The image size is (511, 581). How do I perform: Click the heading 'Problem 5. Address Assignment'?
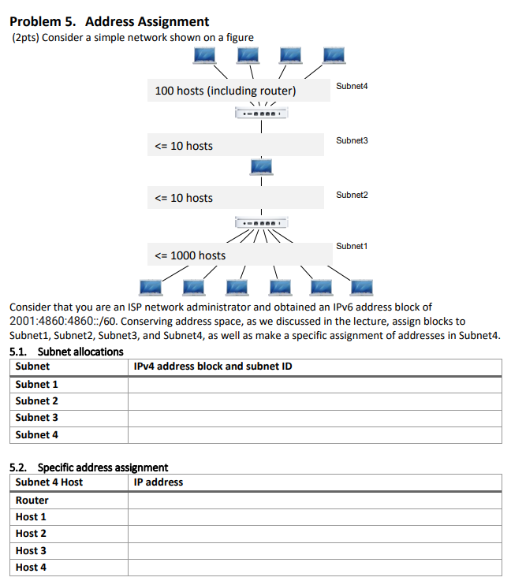pos(110,21)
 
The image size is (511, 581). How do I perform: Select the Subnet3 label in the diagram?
pos(352,140)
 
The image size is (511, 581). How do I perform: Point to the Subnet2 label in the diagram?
pos(352,195)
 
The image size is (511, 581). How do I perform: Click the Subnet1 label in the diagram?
pos(352,247)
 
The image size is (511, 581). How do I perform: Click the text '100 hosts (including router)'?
pos(226,91)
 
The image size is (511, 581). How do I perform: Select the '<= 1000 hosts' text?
pos(190,255)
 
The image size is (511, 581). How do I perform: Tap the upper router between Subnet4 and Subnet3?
pos(261,115)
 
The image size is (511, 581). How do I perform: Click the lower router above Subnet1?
pos(261,222)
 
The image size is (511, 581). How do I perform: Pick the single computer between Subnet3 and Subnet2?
pos(261,167)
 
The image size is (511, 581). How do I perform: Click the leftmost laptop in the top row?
pos(206,54)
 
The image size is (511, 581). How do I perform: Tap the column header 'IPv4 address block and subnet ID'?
pos(213,367)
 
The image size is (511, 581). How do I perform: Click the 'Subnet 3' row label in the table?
pos(37,418)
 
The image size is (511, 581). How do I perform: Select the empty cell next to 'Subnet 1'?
pos(314,385)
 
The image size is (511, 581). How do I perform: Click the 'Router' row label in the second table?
pos(32,501)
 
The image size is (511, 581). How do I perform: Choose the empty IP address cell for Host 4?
pos(314,568)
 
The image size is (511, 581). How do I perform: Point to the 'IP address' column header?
pos(159,482)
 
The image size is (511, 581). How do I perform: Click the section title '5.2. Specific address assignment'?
pos(88,467)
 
